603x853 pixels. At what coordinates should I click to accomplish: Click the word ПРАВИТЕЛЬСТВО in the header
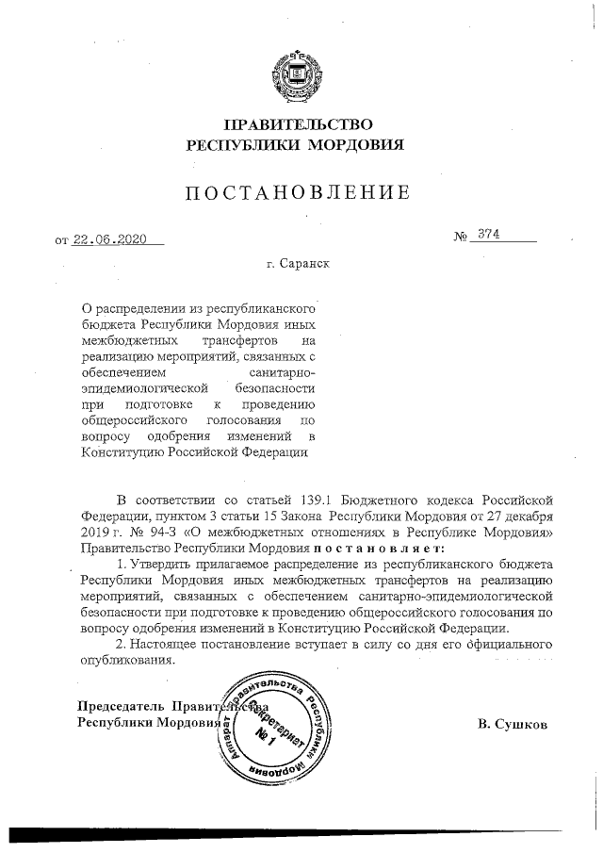(x=299, y=124)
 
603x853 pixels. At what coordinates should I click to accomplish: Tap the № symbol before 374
(x=461, y=237)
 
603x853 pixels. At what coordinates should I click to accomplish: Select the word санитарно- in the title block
(x=284, y=372)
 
